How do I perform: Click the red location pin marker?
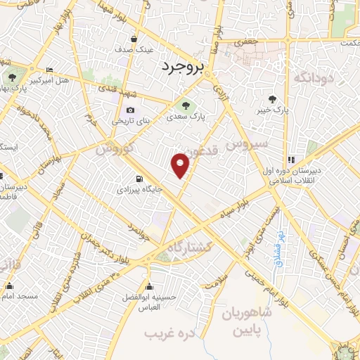tap(181, 165)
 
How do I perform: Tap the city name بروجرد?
tap(181, 66)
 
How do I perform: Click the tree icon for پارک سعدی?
tap(186, 105)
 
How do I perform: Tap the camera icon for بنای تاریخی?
tap(131, 110)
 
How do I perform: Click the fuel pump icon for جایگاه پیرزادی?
tap(139, 178)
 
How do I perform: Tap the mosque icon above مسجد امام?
tap(9, 285)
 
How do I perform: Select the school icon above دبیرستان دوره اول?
tap(291, 160)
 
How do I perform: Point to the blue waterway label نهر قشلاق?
tap(279, 243)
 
